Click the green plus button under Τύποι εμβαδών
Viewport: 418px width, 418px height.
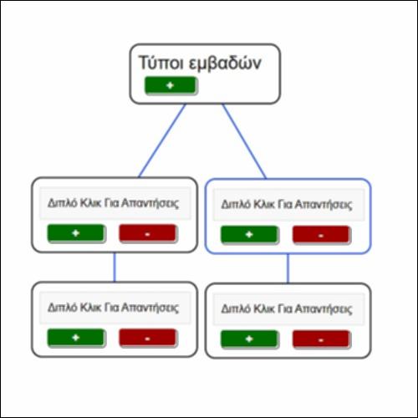point(171,85)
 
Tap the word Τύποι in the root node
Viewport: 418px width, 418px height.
point(161,63)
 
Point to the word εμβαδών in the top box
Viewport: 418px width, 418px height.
point(225,64)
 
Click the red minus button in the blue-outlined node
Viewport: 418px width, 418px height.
point(321,235)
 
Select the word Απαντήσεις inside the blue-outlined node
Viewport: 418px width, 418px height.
point(324,205)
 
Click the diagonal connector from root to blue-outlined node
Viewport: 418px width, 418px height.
point(244,141)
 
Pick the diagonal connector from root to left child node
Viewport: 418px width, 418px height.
point(162,140)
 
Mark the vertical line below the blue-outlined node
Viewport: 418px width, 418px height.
point(288,268)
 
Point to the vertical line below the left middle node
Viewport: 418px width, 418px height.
point(115,267)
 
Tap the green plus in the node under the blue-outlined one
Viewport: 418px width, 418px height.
point(249,339)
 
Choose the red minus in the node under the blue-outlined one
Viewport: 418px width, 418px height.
point(321,339)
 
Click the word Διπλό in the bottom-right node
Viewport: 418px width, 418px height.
point(236,308)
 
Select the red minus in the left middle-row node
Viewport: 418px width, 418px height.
point(148,233)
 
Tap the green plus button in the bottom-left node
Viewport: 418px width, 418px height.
point(76,338)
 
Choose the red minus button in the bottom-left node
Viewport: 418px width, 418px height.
point(148,338)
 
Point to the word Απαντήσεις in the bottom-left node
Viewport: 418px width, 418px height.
point(150,308)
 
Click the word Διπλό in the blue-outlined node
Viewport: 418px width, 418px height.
point(236,204)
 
